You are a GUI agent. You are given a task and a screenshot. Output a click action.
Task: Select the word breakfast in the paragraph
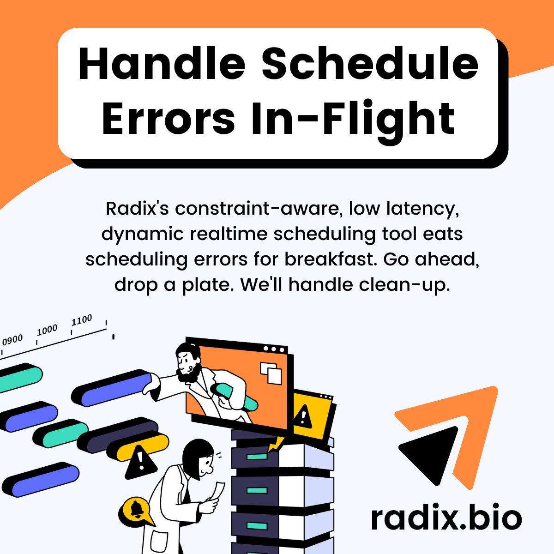(x=331, y=259)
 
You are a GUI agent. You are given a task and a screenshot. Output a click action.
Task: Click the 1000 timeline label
(x=47, y=330)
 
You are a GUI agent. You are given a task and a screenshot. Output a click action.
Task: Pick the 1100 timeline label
(x=82, y=320)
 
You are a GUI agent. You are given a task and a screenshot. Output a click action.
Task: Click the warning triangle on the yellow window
(x=303, y=416)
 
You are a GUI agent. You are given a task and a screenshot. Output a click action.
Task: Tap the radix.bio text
(x=446, y=518)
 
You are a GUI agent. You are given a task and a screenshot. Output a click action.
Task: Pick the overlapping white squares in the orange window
(x=271, y=373)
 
